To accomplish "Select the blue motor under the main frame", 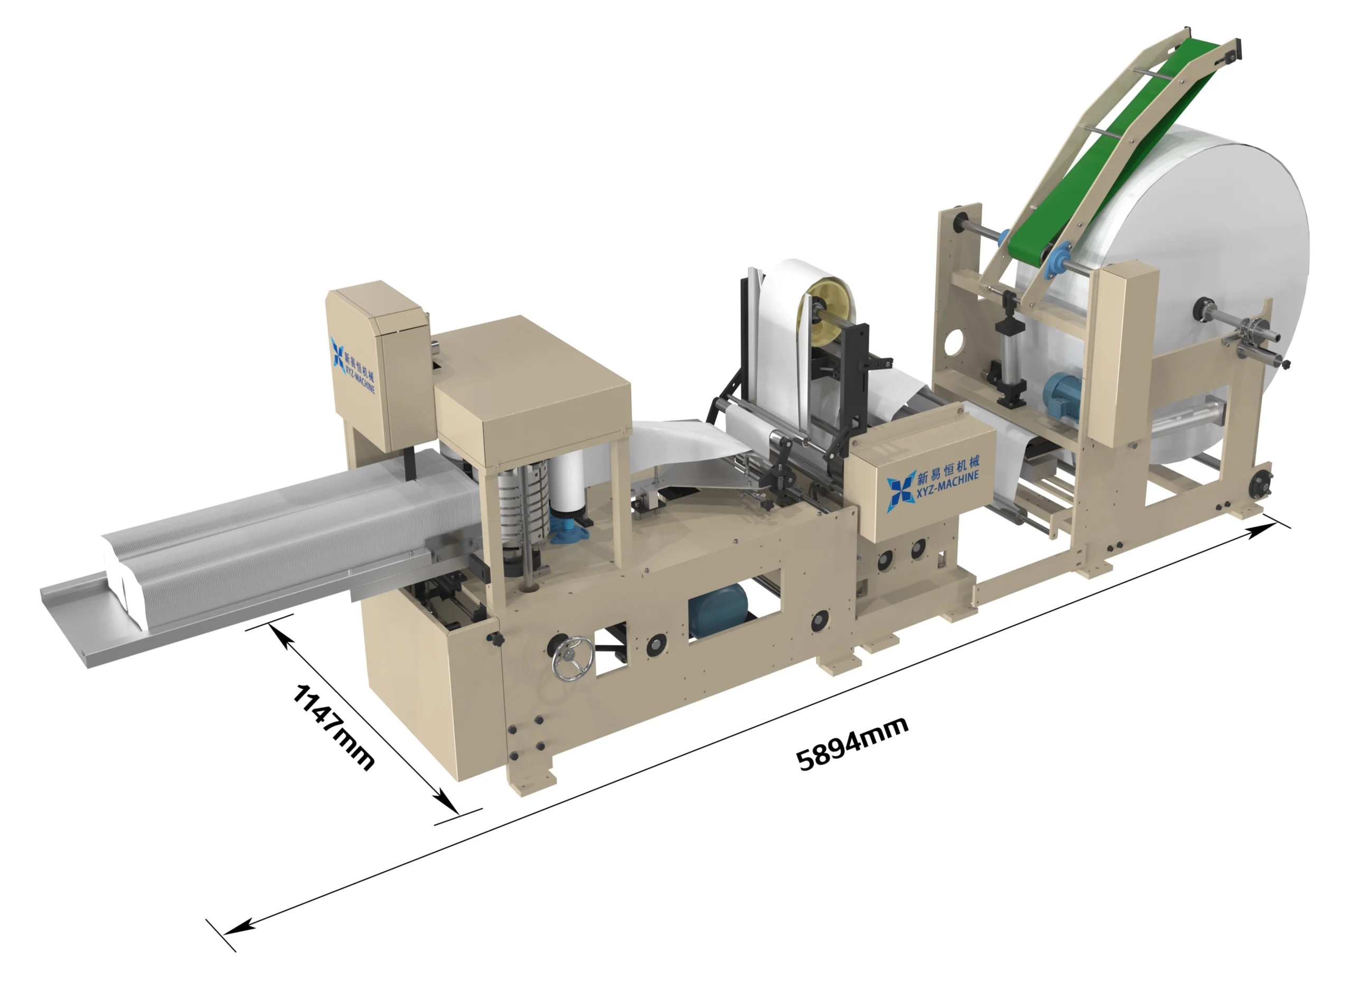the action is (718, 610).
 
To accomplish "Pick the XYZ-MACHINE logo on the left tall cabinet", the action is (353, 365).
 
